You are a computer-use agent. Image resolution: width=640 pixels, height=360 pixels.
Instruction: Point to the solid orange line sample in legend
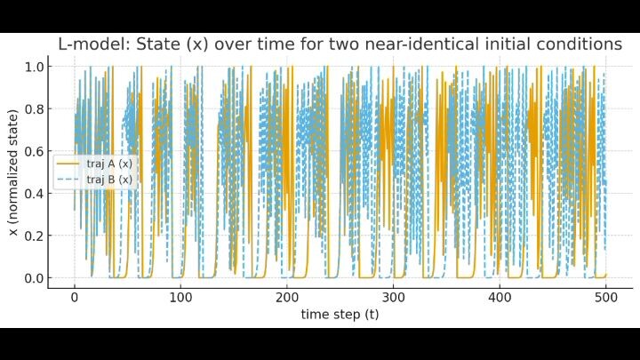pos(69,164)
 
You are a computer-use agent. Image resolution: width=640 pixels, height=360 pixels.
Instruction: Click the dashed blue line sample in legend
pos(69,180)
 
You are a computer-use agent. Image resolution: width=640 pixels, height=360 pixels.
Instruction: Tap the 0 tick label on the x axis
pos(75,298)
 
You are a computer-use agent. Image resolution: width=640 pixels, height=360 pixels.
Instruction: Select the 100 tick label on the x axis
pos(180,298)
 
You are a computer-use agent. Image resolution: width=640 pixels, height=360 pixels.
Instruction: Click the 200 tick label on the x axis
pos(287,298)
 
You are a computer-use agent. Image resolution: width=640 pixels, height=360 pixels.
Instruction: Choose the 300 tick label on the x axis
pos(393,298)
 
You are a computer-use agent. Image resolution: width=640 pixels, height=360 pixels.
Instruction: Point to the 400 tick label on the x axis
pos(500,298)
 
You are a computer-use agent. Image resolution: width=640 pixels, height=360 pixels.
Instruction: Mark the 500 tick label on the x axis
pos(605,298)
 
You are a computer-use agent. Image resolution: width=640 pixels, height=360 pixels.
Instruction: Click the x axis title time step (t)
pos(340,314)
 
